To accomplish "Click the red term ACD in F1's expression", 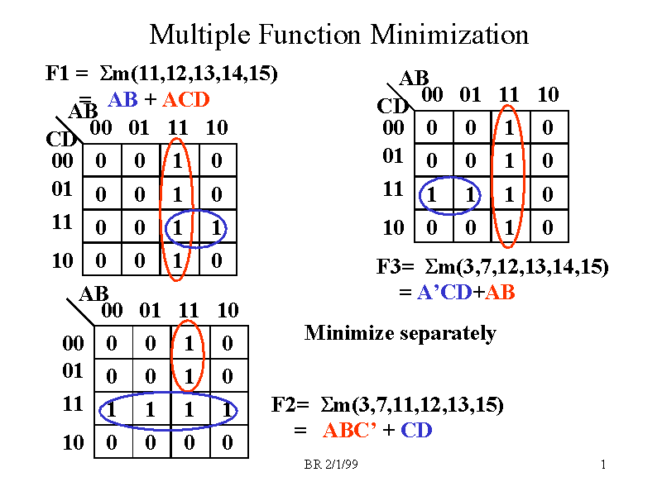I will [186, 100].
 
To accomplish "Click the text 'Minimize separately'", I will [400, 333].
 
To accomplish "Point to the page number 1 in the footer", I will [603, 466].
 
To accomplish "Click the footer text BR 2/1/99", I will [331, 466].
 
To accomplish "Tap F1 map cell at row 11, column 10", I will [216, 227].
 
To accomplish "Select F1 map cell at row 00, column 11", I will [177, 160].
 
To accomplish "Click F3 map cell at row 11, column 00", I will [430, 194].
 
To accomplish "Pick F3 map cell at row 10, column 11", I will [508, 227].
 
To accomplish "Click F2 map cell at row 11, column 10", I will [228, 409].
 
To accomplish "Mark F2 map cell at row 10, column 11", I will [189, 442].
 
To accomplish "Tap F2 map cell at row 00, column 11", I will [189, 342].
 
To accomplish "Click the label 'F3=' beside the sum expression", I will [393, 267].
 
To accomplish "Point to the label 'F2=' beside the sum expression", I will [290, 405].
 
